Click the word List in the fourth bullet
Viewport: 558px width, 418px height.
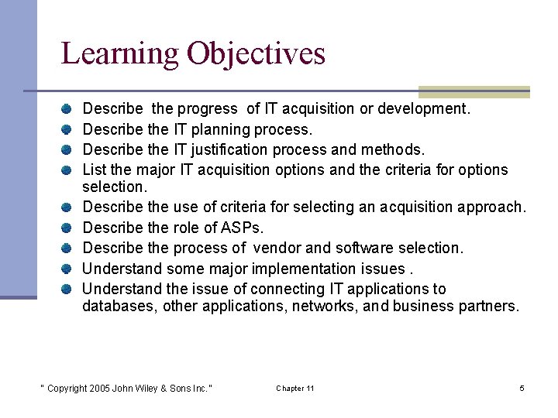94,169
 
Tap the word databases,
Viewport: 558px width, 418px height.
119,306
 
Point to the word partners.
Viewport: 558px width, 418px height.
487,306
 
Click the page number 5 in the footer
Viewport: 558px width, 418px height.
522,388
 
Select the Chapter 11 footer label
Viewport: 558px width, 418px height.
294,388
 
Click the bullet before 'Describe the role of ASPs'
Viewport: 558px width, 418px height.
68,228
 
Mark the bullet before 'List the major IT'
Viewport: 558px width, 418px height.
68,169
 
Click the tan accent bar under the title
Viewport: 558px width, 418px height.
474,91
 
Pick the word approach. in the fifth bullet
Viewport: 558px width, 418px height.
491,208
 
